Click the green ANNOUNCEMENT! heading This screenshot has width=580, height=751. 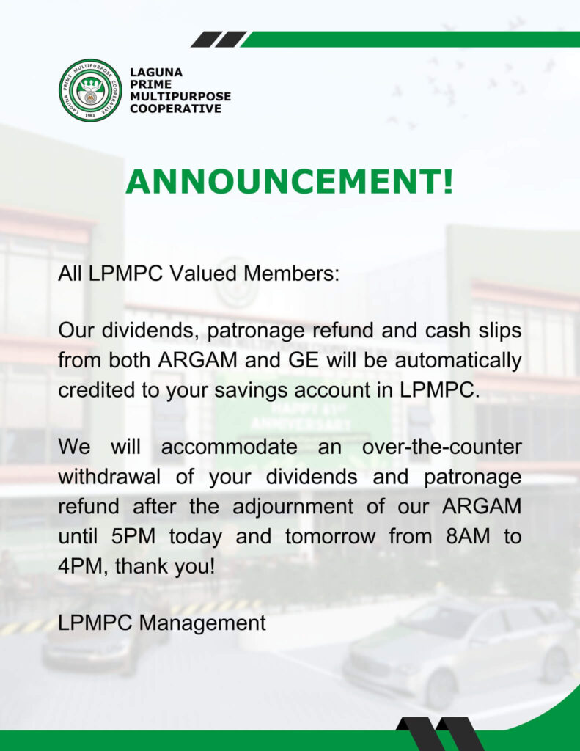[290, 182]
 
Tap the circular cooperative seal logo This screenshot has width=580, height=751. [90, 90]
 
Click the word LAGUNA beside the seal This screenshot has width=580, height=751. [156, 73]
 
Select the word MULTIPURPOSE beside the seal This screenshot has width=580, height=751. [180, 96]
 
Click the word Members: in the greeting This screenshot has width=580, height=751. [291, 274]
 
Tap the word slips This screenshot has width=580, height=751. [501, 331]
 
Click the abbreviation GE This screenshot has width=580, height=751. [304, 360]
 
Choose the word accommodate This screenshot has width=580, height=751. [229, 447]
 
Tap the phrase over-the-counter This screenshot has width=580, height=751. [441, 447]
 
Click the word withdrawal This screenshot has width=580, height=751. [109, 477]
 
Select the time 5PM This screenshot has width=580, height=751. [133, 536]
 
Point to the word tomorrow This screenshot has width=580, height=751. [330, 536]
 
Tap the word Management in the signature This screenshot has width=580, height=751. [202, 623]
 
